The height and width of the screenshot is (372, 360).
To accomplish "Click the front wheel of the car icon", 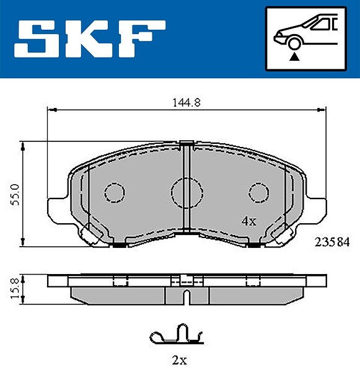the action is (x=294, y=43).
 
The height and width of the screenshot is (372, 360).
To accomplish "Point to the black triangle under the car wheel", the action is (x=294, y=57).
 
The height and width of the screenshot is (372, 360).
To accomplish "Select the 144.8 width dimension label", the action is (x=187, y=103).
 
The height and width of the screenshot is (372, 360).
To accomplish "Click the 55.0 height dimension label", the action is (x=16, y=195).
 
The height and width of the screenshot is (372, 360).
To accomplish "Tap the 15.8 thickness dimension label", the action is (x=15, y=289).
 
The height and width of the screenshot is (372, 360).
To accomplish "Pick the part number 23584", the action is (x=332, y=242).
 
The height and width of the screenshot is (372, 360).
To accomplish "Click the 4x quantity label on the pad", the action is (x=248, y=221).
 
